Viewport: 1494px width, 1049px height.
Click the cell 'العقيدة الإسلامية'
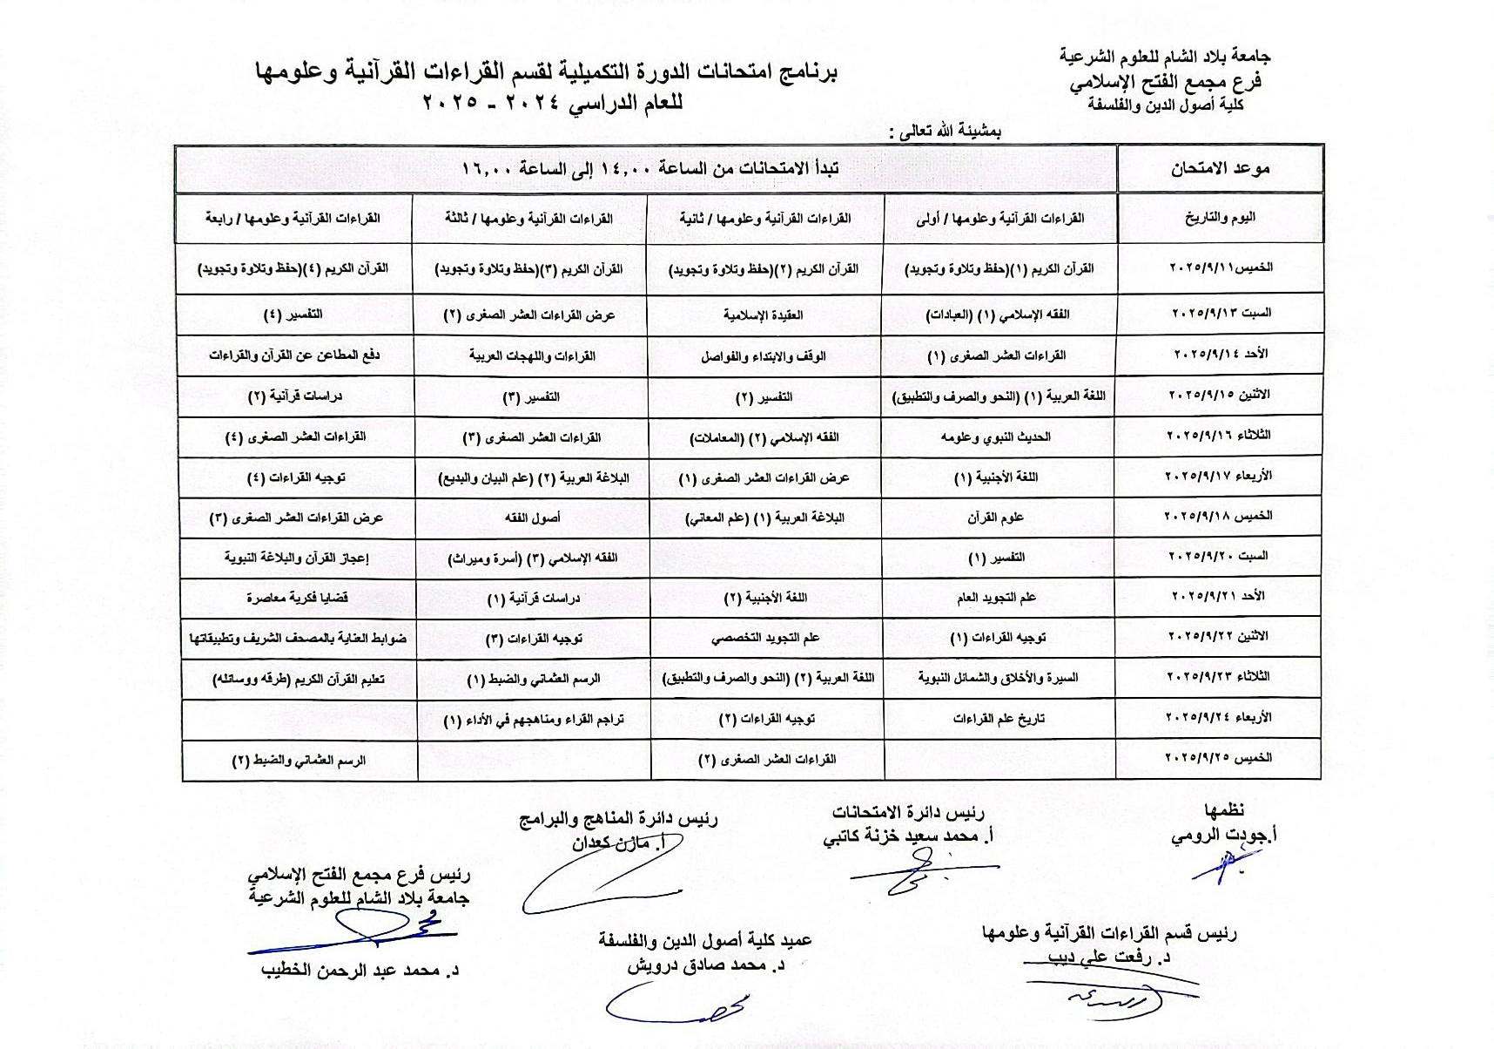[764, 315]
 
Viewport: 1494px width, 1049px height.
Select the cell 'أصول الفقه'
[532, 518]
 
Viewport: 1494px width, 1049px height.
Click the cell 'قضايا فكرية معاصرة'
[298, 599]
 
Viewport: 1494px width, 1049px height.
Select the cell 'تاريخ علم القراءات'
[999, 719]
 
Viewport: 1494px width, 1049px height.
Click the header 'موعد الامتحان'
[1220, 169]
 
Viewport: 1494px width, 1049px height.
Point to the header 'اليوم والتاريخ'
[1220, 218]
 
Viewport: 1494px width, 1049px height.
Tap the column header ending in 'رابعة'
[293, 219]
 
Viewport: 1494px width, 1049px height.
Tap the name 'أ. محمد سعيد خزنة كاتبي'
[909, 836]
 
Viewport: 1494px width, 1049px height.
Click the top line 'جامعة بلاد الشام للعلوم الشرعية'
[1165, 57]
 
